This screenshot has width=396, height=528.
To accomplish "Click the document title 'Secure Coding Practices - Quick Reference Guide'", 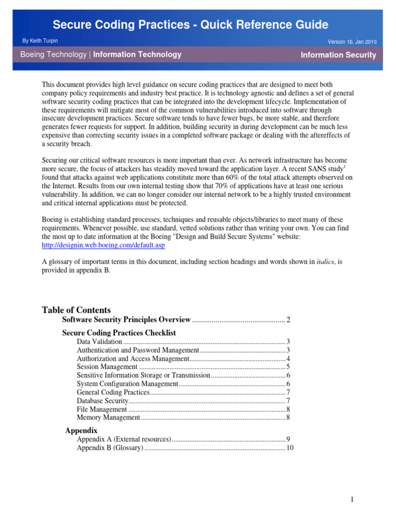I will tap(191, 24).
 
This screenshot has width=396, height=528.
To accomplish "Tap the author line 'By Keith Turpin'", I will tap(40, 40).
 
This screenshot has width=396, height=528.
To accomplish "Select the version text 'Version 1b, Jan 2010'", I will tap(352, 41).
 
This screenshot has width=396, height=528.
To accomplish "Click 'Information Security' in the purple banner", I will tap(338, 55).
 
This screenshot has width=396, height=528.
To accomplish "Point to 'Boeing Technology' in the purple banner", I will tap(53, 54).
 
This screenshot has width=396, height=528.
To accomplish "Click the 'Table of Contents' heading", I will tap(76, 310).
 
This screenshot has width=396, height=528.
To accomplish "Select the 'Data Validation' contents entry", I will tap(100, 342).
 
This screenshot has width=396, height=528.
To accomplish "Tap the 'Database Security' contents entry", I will tap(102, 401).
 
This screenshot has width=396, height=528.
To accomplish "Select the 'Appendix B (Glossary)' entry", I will tap(110, 448).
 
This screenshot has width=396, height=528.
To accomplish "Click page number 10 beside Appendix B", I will tap(290, 448).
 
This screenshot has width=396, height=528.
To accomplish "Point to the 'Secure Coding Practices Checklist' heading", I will tap(119, 333).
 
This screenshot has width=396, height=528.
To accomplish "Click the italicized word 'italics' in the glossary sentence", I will tap(325, 261).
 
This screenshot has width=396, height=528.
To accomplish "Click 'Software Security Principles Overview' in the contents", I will tap(126, 320).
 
